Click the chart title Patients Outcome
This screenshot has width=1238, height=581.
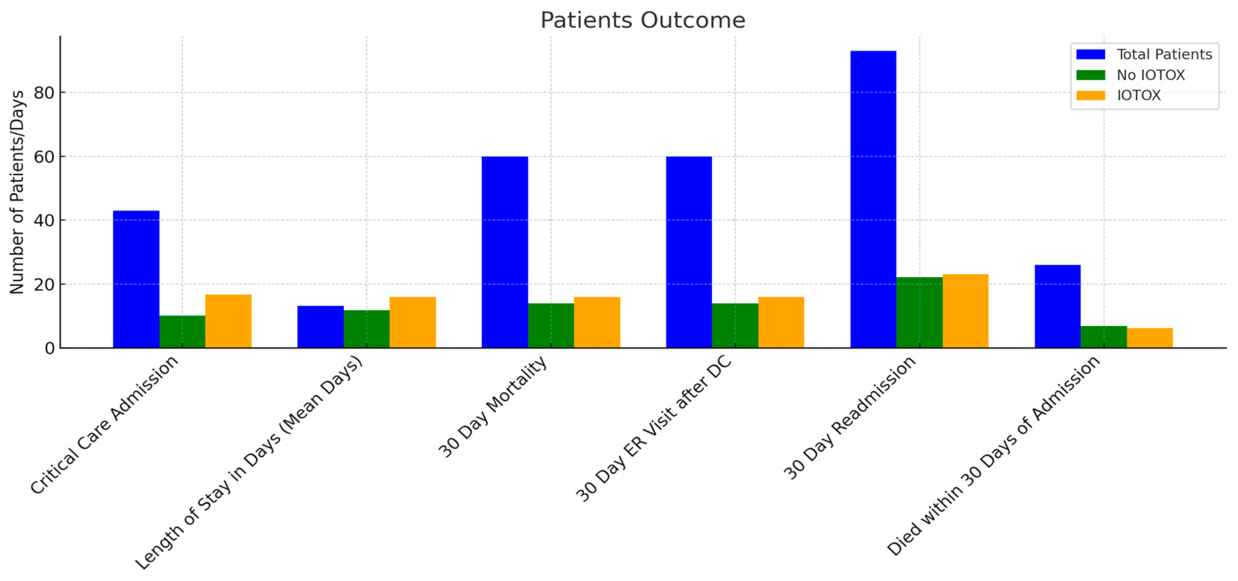tap(642, 20)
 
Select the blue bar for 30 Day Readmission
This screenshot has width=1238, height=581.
tap(873, 199)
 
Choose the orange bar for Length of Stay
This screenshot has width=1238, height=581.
tap(412, 322)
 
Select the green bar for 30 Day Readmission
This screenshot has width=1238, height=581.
tap(919, 312)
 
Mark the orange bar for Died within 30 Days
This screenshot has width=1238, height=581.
tap(1150, 338)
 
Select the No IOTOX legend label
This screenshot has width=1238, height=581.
tap(1151, 75)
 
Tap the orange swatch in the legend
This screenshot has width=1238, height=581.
tap(1090, 95)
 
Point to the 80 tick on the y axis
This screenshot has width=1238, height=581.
tap(44, 92)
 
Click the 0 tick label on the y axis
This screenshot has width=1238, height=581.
tap(49, 348)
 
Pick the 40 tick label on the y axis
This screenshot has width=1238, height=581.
tap(44, 220)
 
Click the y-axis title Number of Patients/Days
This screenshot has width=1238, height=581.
tap(17, 192)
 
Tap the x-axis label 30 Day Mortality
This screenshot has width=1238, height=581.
tap(493, 407)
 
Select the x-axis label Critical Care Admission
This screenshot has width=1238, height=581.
tap(105, 425)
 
